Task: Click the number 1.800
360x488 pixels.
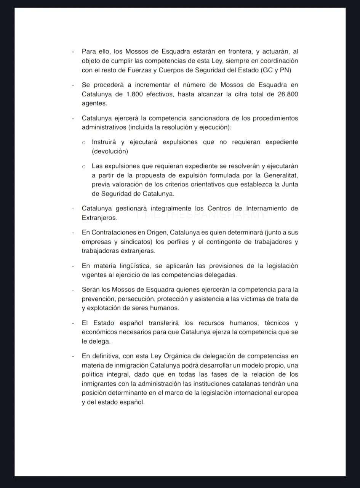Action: point(135,94)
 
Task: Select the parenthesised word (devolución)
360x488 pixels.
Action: point(110,151)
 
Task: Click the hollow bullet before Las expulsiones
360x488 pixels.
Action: point(84,166)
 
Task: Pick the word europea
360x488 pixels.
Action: point(286,393)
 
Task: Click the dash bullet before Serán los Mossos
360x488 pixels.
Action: point(73,290)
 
